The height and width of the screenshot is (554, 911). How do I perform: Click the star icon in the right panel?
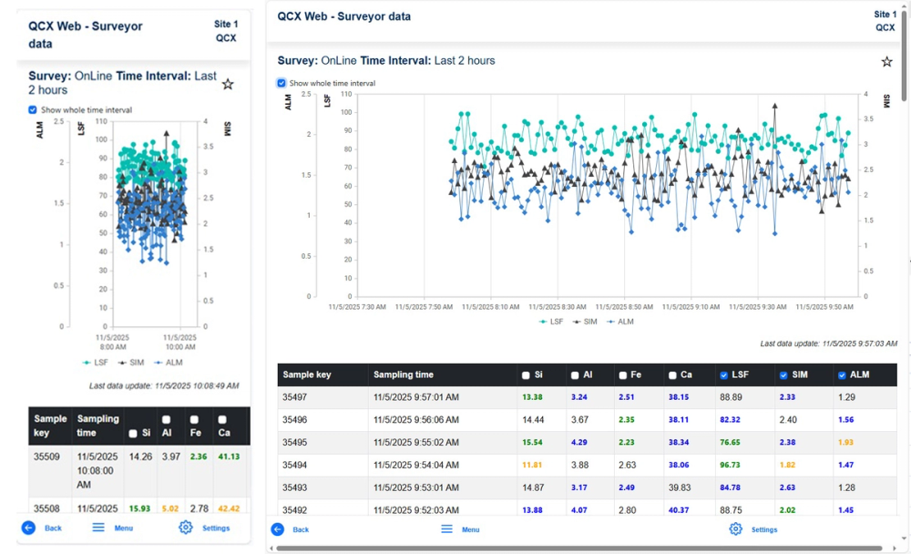[886, 62]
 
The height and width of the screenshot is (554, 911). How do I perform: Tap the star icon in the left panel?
[228, 84]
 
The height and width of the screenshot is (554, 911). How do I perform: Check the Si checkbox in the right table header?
[527, 374]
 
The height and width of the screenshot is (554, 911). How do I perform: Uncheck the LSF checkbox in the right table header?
[723, 374]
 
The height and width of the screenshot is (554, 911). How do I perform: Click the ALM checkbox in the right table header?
[841, 374]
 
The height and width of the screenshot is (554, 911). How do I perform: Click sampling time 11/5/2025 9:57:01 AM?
[415, 397]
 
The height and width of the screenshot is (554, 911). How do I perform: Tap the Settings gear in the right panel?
[735, 528]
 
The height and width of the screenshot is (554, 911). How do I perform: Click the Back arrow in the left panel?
[28, 528]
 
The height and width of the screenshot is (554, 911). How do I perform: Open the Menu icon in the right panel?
[446, 528]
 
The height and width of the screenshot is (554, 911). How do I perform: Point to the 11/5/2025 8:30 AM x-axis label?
[558, 307]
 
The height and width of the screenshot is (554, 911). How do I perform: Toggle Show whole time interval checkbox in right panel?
[281, 83]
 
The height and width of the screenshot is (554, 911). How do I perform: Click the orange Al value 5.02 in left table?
[169, 508]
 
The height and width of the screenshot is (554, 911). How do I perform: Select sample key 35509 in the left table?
[48, 457]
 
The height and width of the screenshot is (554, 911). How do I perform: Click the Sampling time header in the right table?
[403, 374]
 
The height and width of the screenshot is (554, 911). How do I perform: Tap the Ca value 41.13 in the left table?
[229, 457]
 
